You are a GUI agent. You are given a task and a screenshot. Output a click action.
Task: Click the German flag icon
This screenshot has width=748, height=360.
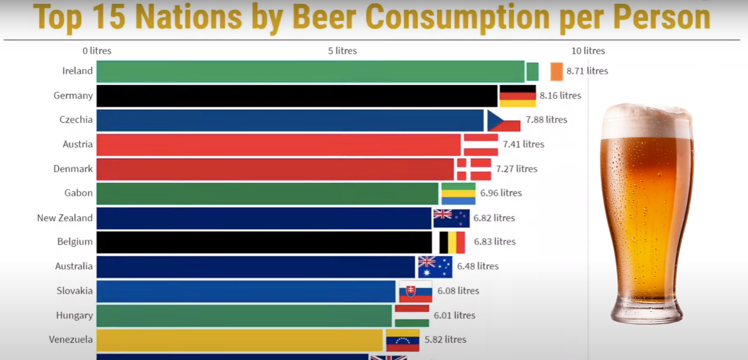518,96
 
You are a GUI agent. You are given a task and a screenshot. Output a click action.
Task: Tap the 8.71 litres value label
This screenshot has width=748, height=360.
587,71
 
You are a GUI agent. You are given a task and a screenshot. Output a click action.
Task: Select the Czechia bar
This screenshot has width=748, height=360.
290,121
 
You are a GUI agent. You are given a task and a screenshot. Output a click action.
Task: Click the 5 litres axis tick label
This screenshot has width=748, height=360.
342,51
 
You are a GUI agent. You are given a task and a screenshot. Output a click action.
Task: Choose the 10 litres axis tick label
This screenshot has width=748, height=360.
588,51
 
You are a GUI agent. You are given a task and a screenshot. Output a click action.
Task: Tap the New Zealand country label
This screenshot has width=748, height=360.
65,218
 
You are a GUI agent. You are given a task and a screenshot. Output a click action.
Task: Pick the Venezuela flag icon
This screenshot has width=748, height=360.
402,340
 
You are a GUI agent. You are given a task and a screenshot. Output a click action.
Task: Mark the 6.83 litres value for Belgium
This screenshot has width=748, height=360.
495,242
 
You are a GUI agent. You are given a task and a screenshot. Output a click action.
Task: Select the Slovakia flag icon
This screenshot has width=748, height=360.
416,292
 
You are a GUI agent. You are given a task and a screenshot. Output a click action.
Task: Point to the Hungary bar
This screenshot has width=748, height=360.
244,316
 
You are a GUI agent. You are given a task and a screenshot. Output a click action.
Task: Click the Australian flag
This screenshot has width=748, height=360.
435,267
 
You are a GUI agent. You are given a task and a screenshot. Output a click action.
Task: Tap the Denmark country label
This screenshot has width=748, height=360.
73,169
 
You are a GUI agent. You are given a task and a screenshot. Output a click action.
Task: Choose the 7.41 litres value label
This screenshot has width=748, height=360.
523,144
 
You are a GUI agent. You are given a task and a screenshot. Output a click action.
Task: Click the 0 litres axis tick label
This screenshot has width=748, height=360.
97,51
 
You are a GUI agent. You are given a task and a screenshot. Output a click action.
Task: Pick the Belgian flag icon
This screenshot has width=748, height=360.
452,242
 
